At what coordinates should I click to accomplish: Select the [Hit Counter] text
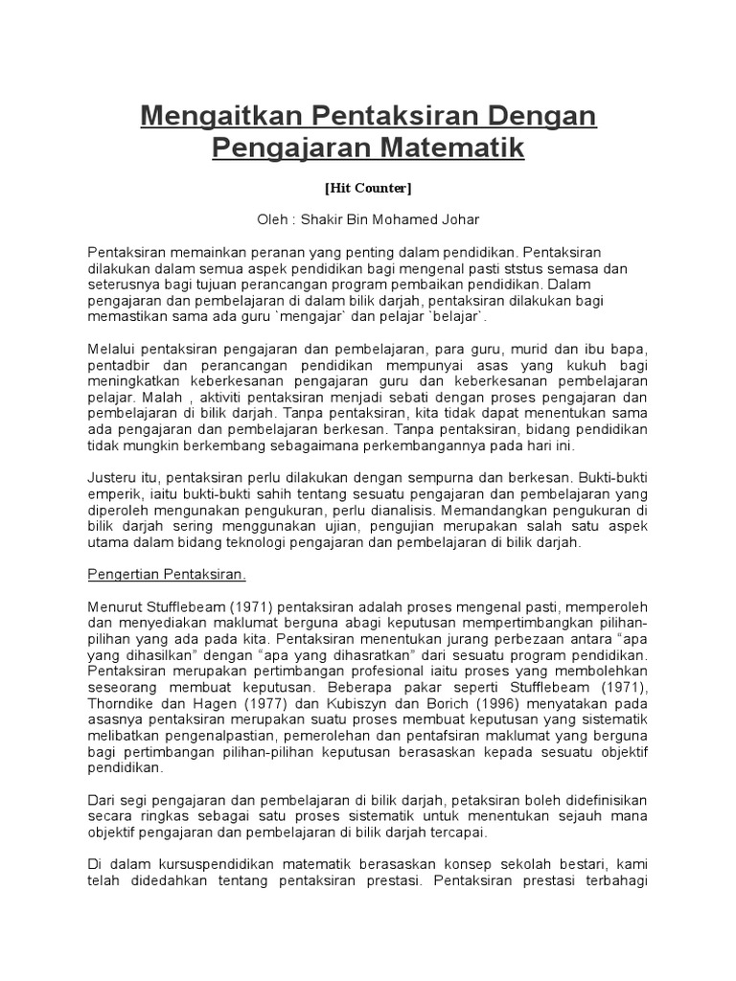coord(368,188)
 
